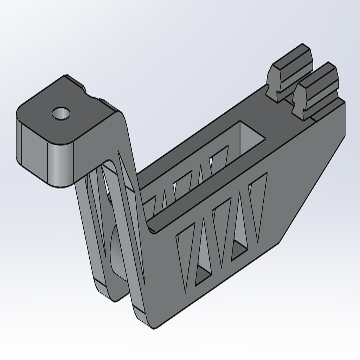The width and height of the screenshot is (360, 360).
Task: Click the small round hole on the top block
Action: coord(61,114)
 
